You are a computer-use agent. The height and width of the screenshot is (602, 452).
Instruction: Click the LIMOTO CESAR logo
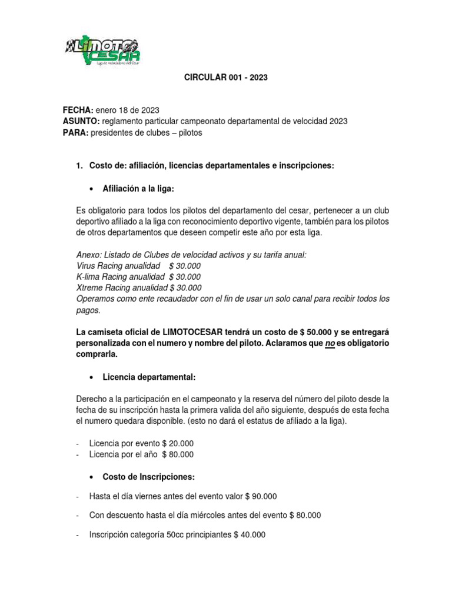[102, 50]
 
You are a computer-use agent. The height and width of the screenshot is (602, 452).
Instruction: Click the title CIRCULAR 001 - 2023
[226, 78]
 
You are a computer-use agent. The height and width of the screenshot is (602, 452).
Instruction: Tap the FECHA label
[78, 111]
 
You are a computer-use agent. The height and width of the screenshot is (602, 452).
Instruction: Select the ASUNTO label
[82, 122]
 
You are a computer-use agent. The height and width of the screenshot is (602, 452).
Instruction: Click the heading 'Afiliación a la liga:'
[138, 188]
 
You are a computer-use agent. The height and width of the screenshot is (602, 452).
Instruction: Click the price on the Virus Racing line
[181, 266]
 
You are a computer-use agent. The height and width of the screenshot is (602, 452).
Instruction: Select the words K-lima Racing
[103, 277]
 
